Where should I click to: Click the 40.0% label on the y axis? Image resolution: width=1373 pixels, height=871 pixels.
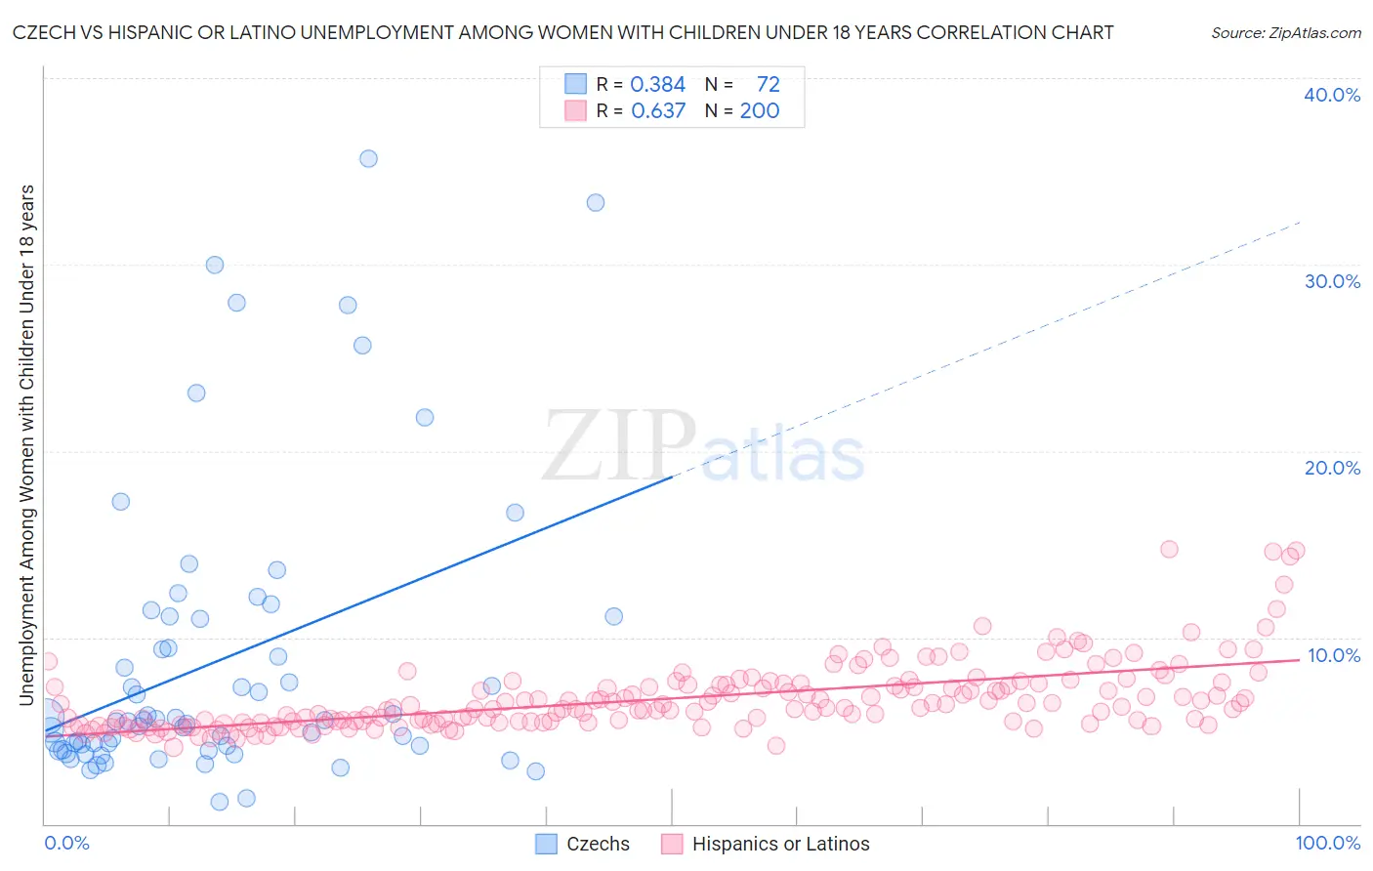(1332, 95)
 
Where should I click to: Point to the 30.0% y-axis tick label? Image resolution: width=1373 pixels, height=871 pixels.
(1332, 281)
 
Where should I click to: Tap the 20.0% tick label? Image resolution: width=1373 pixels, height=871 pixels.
(1332, 468)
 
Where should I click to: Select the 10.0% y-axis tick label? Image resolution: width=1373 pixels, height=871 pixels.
(1333, 655)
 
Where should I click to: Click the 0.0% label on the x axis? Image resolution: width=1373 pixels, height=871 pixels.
(66, 843)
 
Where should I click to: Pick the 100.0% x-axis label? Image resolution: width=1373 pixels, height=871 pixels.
(1327, 843)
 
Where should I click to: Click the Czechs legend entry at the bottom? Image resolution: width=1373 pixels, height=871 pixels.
(583, 844)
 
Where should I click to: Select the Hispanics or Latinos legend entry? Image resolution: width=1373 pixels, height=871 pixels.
(766, 844)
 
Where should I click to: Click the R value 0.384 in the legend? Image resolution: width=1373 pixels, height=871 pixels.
(657, 85)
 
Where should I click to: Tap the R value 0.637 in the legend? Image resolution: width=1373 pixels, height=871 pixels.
(658, 111)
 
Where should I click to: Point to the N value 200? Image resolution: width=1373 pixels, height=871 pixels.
(759, 111)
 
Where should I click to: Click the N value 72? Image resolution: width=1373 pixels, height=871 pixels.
(768, 85)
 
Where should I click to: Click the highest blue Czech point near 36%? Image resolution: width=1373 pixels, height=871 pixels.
(368, 158)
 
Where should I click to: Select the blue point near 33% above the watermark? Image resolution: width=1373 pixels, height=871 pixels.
(596, 203)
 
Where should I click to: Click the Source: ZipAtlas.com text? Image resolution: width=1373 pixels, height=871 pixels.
(1285, 33)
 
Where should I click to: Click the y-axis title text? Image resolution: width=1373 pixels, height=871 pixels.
(26, 444)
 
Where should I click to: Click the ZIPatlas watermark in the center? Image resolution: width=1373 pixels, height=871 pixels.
(703, 446)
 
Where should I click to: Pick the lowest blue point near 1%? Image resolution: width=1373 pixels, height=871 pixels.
(220, 802)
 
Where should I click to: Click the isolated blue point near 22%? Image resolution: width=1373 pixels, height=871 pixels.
(425, 417)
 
